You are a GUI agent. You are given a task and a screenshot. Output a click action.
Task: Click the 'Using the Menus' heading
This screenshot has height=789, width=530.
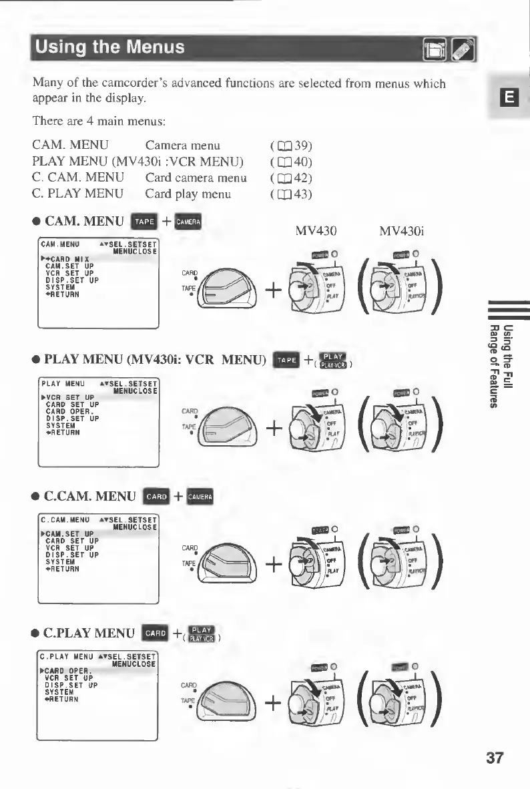(x=110, y=48)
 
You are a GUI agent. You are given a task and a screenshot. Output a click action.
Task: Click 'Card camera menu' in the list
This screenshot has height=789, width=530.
(x=196, y=178)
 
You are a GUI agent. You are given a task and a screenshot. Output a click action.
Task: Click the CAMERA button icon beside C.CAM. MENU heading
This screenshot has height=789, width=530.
(x=200, y=496)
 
